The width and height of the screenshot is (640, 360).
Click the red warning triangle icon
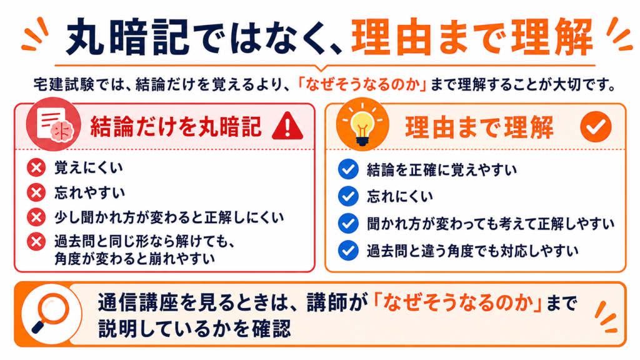(x=287, y=126)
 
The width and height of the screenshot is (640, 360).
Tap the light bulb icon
(x=362, y=125)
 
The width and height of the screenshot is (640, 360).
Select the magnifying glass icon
(x=51, y=314)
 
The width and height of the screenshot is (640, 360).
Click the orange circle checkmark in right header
(x=596, y=126)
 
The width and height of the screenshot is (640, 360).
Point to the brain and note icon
(x=54, y=124)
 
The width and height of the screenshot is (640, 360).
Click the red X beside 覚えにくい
(x=36, y=167)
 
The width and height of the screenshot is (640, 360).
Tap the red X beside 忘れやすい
(x=36, y=192)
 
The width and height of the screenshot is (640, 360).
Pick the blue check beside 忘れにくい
(x=348, y=196)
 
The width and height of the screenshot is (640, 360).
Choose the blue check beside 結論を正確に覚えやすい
(x=348, y=169)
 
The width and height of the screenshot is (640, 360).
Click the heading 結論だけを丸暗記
(x=176, y=126)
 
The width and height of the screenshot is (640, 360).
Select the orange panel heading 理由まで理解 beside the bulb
(x=479, y=127)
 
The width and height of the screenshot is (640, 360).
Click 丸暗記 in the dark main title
(x=127, y=37)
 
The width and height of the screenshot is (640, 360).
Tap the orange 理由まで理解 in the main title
(x=472, y=37)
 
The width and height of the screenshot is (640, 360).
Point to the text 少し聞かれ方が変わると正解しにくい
(x=169, y=217)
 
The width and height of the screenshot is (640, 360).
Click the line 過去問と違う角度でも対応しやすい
(x=472, y=251)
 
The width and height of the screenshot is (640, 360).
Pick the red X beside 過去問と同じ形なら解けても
(x=36, y=242)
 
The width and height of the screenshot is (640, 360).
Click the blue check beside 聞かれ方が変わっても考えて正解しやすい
(x=348, y=224)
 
